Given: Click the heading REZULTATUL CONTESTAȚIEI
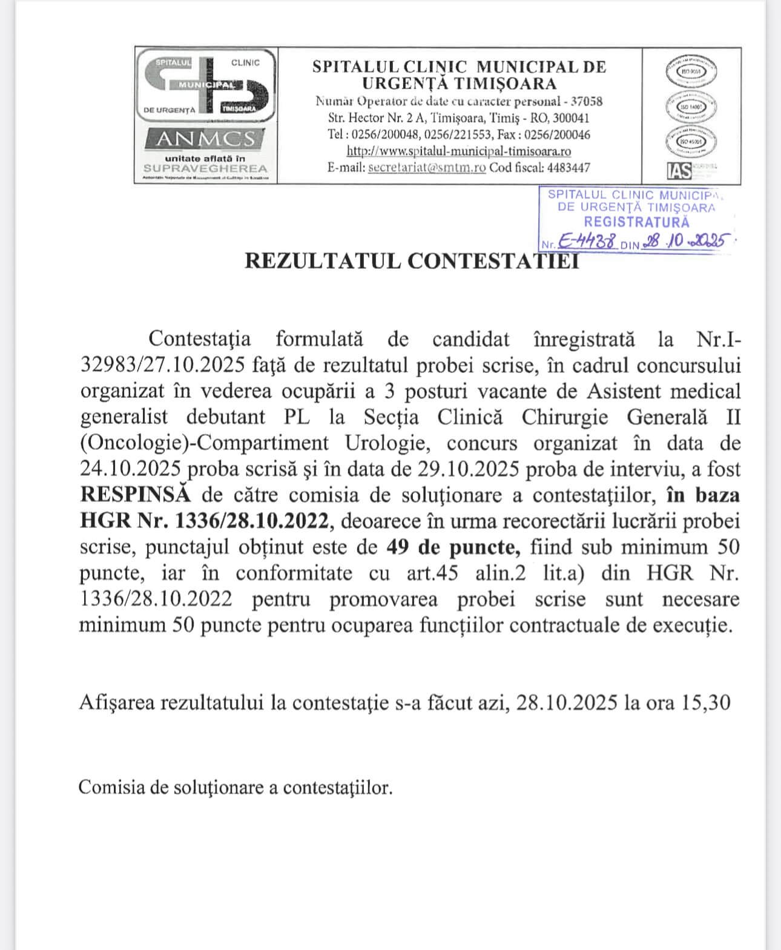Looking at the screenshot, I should [x=411, y=261].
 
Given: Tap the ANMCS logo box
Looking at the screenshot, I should [x=206, y=139].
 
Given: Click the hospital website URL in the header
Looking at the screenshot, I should [x=458, y=151].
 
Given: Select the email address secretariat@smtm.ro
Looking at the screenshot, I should [x=427, y=168].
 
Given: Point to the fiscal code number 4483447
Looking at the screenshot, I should [x=568, y=168].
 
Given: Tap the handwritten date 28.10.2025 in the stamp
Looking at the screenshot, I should [x=685, y=242].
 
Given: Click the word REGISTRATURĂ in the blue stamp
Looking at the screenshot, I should [x=636, y=222].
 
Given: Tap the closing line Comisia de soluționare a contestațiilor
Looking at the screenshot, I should [x=236, y=787].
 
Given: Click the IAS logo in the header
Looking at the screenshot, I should [x=679, y=171].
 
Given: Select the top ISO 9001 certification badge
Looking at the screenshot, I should [x=691, y=71].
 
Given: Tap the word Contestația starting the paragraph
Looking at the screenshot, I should [x=199, y=338].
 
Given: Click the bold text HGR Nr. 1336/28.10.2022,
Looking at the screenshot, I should [x=206, y=521].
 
